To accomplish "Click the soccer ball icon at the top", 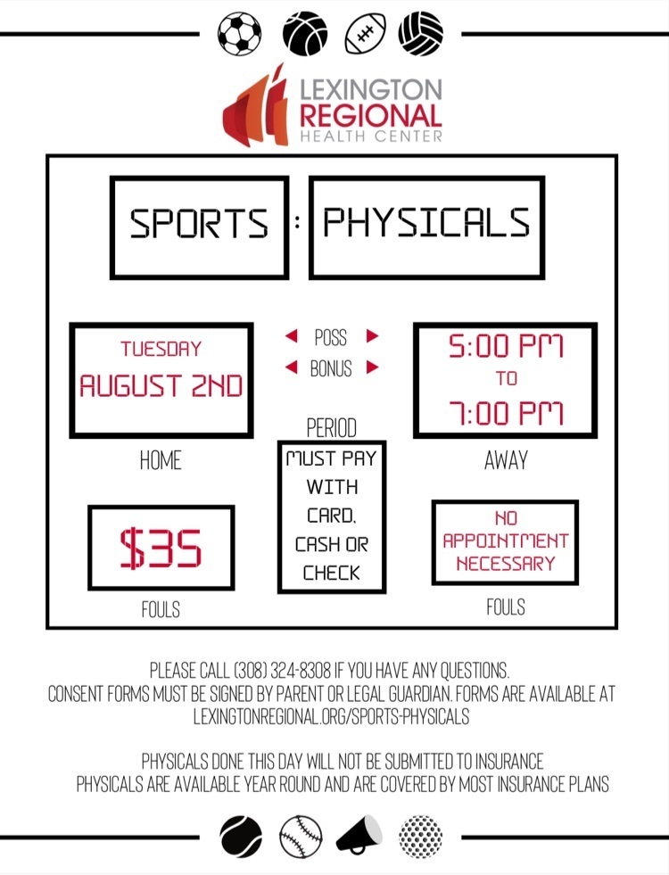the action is (239, 34).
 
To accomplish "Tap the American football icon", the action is (366, 34).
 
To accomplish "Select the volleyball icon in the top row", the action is (421, 34).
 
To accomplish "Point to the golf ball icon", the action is (421, 837).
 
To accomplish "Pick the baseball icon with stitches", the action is (301, 837).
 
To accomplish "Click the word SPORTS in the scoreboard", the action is (199, 223).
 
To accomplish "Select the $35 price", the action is (161, 548).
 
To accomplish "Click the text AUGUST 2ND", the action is (161, 385).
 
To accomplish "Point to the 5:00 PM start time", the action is (506, 346).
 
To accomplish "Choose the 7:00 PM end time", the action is (506, 414).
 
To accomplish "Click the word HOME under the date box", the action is (161, 461).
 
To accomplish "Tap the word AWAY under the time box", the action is (506, 460).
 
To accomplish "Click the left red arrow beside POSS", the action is (292, 336).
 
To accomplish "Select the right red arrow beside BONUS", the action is (373, 367).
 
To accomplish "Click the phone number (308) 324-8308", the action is (282, 670).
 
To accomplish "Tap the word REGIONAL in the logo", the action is (371, 116).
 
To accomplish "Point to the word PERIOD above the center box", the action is (332, 428).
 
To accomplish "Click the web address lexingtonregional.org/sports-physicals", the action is (332, 716).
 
